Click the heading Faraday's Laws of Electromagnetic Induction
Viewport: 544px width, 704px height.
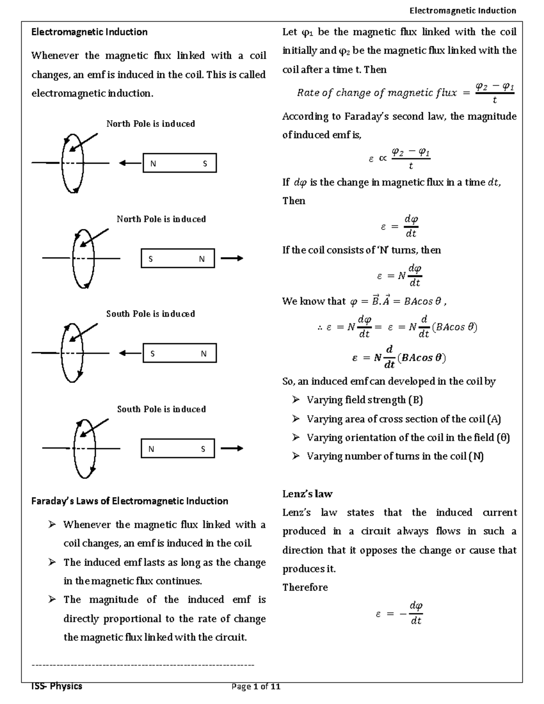point(129,501)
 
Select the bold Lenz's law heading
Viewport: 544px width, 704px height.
point(307,494)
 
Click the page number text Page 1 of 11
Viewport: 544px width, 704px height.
point(256,686)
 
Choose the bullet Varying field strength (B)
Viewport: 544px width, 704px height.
point(364,400)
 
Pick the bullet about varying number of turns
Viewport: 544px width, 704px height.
point(395,456)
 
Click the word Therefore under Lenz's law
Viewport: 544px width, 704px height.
point(305,587)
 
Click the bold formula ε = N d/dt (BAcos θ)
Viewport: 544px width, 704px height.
point(399,357)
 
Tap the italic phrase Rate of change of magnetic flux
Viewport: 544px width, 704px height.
point(377,93)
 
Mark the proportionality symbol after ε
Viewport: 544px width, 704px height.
point(382,159)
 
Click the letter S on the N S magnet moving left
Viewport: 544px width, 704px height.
point(205,164)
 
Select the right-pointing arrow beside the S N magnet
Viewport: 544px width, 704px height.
point(232,258)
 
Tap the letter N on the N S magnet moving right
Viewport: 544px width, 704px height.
point(151,449)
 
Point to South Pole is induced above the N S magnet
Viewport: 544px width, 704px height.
point(161,409)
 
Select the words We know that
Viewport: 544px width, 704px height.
point(314,301)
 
